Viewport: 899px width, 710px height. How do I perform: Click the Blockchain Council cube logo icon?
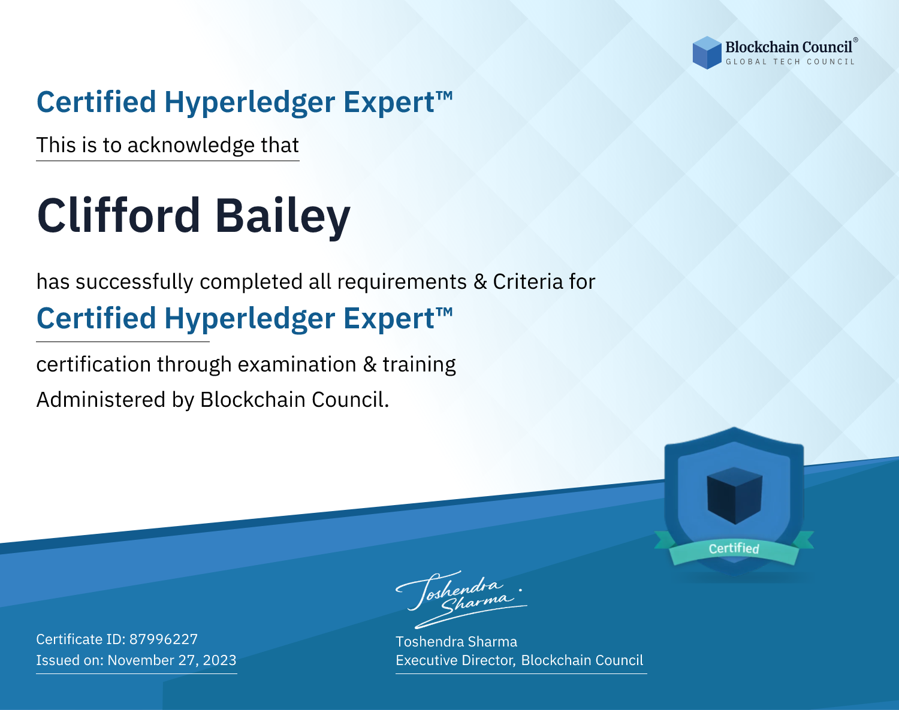pos(707,53)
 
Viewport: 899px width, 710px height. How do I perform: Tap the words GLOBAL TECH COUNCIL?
pos(791,62)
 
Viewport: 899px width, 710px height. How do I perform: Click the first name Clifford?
pos(119,216)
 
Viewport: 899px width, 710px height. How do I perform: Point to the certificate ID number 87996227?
pos(164,639)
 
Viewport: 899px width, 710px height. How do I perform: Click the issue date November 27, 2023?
pos(172,660)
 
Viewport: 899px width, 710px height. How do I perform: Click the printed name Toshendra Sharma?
pos(456,642)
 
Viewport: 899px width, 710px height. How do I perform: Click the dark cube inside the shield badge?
pos(734,496)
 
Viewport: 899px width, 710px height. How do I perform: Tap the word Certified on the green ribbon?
pos(734,548)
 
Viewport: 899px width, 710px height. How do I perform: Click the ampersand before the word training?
pos(370,364)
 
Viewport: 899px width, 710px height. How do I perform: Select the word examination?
pos(297,364)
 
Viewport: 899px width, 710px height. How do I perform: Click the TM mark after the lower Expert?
pos(444,311)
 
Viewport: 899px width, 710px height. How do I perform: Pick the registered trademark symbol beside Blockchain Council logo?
pos(856,40)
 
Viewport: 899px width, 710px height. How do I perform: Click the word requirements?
pos(402,282)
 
